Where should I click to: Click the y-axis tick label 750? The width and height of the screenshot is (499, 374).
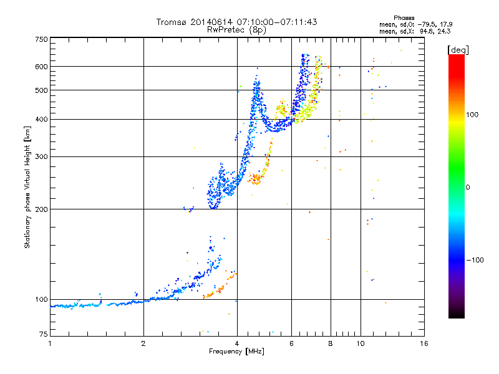point(41,39)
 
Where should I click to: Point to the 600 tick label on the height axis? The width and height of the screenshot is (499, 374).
point(41,67)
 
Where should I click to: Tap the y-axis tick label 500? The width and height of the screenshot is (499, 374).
point(41,90)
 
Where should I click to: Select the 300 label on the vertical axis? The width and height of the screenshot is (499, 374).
point(41,157)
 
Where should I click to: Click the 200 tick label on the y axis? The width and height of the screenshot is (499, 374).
point(41,209)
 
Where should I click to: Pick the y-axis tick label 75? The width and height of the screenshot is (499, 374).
point(44,334)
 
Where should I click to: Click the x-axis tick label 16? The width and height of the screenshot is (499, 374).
point(424,343)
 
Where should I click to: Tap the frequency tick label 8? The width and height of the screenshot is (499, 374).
point(331,343)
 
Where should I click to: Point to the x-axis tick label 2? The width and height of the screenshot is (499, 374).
point(143,343)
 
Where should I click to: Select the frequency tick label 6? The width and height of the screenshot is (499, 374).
point(291,343)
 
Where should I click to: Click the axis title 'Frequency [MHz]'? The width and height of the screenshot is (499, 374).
point(236,352)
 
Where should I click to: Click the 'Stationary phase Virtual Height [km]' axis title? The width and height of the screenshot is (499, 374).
point(27,187)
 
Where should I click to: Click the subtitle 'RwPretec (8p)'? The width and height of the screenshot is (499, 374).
point(236,30)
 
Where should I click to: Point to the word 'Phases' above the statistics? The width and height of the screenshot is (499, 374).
point(404,18)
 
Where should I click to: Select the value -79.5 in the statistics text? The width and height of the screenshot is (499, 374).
point(426,24)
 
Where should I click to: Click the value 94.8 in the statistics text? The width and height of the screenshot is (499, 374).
point(427,31)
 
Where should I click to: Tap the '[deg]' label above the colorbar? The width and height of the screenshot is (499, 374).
point(458,50)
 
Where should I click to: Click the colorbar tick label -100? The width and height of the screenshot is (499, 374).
point(475,260)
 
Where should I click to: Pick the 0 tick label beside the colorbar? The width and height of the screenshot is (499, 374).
point(468,188)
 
